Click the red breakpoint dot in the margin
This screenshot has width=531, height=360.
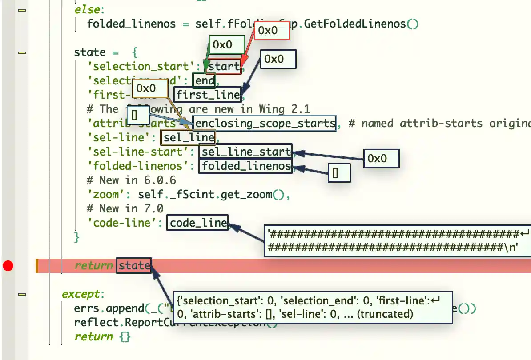8,266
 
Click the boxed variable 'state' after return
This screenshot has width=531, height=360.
134,266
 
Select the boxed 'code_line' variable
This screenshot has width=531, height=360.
198,223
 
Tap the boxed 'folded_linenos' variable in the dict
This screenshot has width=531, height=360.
246,166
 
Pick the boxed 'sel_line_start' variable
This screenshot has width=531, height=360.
246,152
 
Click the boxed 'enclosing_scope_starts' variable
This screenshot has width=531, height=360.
265,123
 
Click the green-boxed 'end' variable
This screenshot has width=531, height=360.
205,80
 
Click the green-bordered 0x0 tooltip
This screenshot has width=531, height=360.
227,45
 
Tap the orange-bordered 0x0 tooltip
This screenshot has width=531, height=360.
151,88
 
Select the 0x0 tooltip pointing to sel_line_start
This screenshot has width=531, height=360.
381,159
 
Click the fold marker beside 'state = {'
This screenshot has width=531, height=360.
21,52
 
